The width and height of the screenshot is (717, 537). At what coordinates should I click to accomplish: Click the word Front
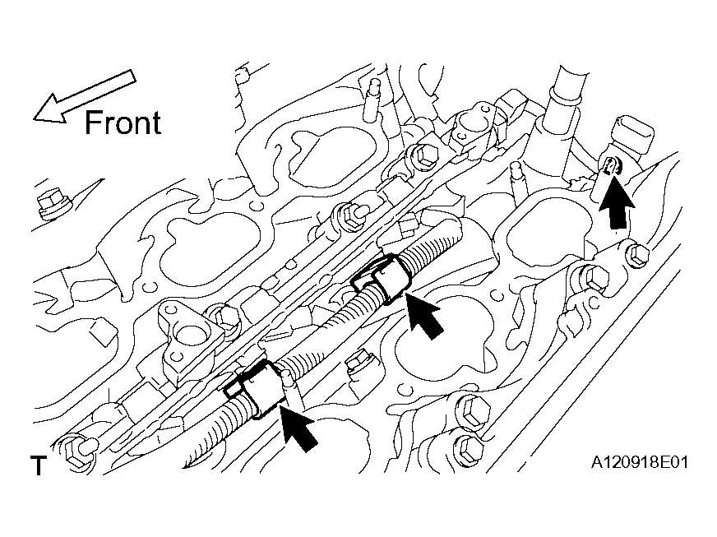pos(123,123)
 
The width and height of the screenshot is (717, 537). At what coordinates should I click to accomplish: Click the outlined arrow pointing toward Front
pos(85,96)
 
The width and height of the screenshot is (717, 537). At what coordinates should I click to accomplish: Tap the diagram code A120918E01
pos(639,462)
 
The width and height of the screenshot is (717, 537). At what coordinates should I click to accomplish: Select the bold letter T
pos(39,465)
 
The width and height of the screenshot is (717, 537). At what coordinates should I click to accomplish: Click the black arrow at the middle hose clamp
pos(424,316)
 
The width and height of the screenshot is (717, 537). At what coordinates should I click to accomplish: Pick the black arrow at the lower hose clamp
pos(298,428)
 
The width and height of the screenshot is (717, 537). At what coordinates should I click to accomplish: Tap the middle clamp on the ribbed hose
pos(382,279)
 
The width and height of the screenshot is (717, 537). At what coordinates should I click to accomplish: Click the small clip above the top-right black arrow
pos(610,166)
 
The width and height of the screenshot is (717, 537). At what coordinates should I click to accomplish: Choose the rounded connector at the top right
pos(634,132)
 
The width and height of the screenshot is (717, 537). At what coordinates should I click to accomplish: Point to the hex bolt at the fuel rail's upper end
pos(423,157)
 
